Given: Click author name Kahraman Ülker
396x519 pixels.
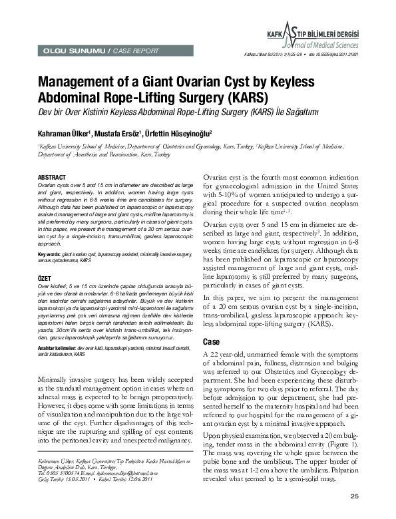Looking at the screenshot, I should tap(69, 133).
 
